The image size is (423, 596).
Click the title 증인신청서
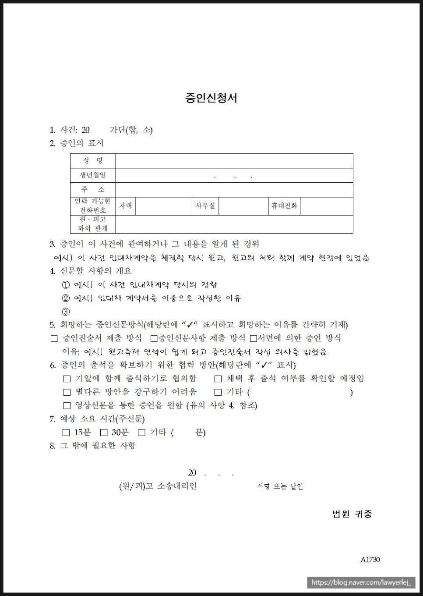click(x=211, y=98)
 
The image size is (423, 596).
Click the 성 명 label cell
click(x=93, y=161)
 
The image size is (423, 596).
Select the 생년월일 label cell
click(x=93, y=175)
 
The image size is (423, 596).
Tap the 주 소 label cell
click(x=93, y=190)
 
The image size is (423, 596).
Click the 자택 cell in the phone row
click(x=126, y=206)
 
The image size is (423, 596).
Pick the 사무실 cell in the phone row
click(x=205, y=206)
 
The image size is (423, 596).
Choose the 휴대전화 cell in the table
click(x=284, y=206)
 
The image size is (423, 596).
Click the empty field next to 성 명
click(x=234, y=161)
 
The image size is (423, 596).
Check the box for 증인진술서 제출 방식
click(x=54, y=338)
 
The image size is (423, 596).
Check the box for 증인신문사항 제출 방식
click(x=154, y=338)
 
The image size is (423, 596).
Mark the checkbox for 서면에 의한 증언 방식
click(x=253, y=338)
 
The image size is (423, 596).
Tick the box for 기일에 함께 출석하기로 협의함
click(x=67, y=379)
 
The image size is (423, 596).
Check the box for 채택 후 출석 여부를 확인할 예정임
click(x=218, y=379)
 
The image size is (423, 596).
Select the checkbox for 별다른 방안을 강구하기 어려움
click(x=67, y=392)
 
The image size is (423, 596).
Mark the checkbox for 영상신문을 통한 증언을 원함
click(x=67, y=406)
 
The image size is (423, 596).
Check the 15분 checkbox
click(x=66, y=433)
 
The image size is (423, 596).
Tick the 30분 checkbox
click(x=104, y=433)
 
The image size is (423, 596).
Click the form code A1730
click(x=370, y=560)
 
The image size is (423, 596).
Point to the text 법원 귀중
click(x=352, y=514)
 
